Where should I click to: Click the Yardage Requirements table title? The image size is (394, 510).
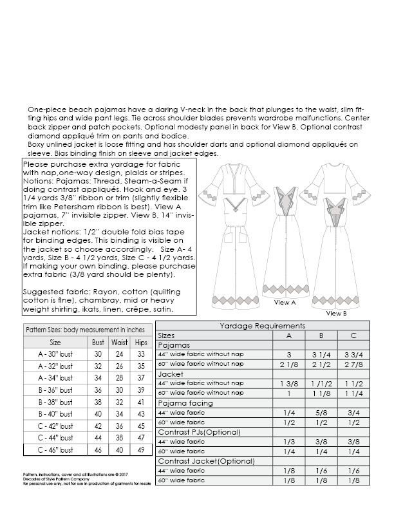click(x=263, y=326)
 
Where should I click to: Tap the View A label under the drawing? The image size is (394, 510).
click(x=285, y=302)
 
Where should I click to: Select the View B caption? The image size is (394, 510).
click(x=336, y=313)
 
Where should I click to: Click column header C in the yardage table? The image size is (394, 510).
click(x=353, y=335)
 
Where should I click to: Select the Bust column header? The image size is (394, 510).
click(x=98, y=343)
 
